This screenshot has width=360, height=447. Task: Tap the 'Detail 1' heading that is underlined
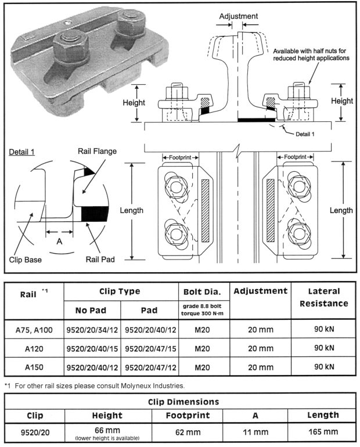[22, 152]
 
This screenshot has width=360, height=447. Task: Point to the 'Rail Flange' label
[98, 152]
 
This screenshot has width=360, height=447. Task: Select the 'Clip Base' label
[26, 259]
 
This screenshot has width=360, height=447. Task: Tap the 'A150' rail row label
[34, 367]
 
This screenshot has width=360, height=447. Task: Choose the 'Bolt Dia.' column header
[200, 291]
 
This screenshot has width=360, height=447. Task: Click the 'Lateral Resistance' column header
[325, 297]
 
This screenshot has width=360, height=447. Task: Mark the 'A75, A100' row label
[34, 330]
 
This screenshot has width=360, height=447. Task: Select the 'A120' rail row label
[34, 348]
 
